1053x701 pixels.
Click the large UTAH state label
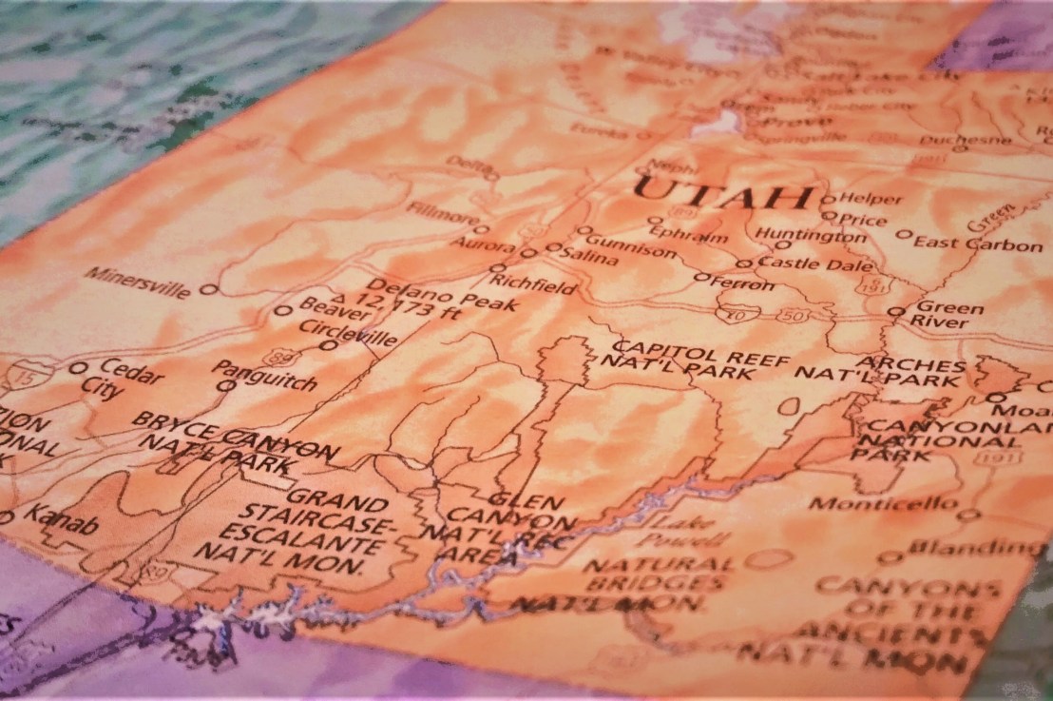point(722,194)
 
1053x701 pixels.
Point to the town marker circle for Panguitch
point(225,385)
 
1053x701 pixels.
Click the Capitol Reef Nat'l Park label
point(681,360)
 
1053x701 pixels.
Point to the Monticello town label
point(883,502)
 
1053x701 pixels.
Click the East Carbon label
point(978,243)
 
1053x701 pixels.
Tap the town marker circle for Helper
point(827,199)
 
